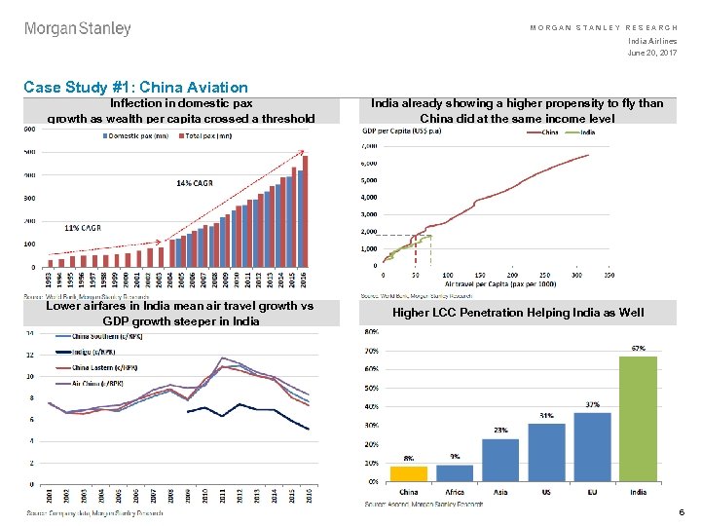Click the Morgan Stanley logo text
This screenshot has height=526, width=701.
click(77, 29)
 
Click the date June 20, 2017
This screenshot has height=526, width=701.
click(654, 52)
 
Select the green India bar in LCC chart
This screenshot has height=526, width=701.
click(638, 419)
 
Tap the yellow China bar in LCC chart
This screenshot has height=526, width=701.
click(407, 473)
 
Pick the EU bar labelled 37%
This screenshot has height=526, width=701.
click(592, 447)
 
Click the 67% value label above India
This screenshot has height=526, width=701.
click(639, 347)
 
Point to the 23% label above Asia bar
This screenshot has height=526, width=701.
click(499, 430)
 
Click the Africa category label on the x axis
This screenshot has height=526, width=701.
click(454, 492)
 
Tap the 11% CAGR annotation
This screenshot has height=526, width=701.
click(83, 228)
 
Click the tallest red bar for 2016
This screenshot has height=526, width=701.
click(305, 210)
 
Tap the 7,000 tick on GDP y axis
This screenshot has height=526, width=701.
click(368, 146)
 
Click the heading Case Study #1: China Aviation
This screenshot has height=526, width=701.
click(135, 88)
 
